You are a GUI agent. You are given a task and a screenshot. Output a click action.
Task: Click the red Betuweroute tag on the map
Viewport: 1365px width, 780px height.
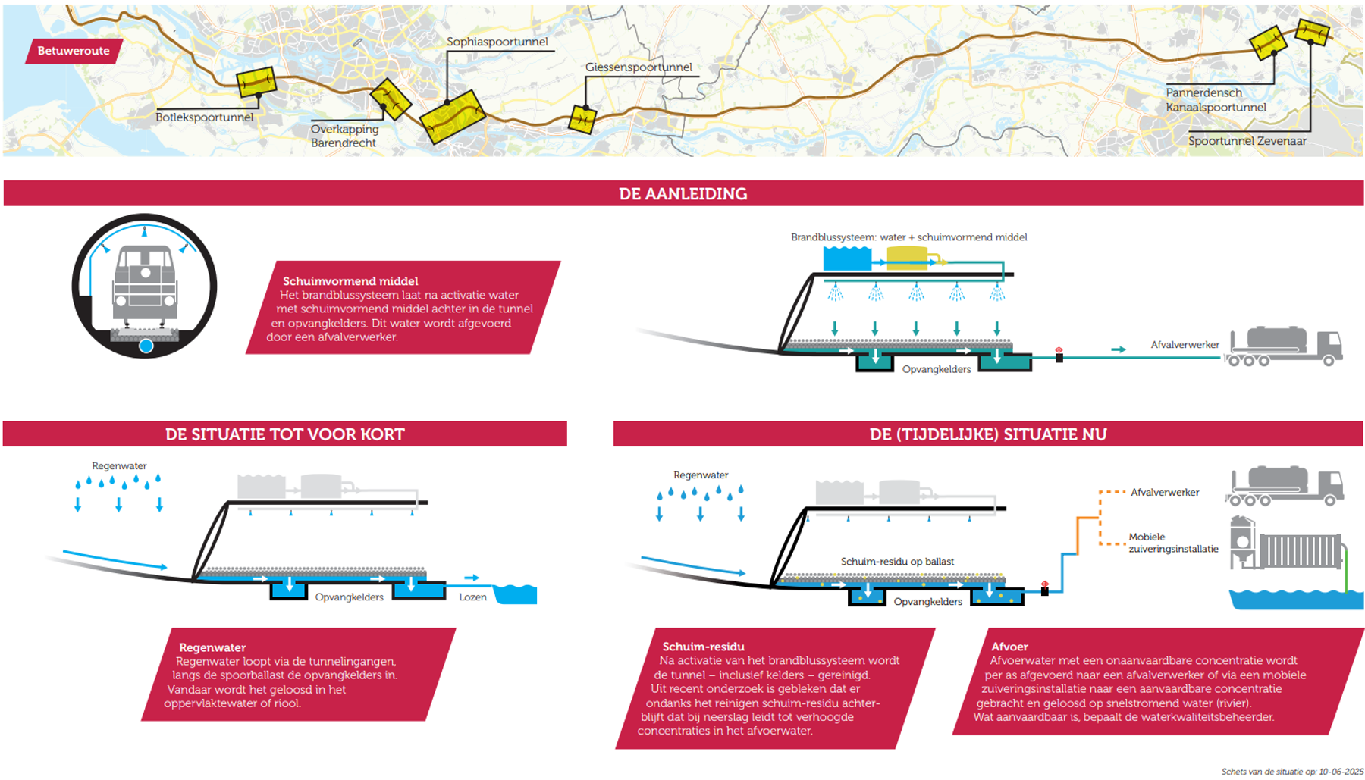74,51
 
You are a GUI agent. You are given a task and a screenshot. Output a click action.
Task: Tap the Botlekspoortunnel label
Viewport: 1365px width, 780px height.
204,117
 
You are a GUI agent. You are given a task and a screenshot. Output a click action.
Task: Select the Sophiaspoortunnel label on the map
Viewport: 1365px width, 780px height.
497,42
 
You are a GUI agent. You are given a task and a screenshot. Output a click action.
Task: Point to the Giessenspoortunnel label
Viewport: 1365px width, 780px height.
639,67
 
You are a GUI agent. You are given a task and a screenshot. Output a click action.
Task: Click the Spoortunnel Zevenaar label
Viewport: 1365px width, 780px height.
1247,141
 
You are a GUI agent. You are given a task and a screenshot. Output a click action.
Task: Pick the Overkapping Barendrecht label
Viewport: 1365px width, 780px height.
344,136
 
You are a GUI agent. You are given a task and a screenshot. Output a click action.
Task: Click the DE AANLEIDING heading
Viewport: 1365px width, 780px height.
682,194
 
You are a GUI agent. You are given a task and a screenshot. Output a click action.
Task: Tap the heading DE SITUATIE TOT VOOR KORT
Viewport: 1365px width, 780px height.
284,434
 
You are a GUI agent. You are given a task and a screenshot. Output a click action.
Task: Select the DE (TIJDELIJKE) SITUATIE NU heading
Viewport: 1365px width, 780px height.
987,434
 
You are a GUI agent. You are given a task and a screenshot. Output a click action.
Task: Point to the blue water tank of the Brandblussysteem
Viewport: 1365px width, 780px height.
846,258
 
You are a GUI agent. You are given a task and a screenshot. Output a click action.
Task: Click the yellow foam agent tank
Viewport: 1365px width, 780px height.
906,258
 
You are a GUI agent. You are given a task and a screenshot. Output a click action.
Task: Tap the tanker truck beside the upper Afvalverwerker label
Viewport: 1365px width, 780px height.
1285,346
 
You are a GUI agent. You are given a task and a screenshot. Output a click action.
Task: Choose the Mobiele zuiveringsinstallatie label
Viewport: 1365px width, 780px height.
1172,543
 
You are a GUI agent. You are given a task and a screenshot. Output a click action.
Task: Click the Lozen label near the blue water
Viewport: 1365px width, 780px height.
472,597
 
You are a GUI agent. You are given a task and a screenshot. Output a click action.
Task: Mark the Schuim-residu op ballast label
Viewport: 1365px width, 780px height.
897,562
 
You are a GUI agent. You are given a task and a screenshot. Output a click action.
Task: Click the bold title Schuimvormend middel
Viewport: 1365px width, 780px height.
350,281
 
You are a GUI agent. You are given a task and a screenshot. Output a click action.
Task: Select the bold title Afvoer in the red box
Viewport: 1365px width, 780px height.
1009,647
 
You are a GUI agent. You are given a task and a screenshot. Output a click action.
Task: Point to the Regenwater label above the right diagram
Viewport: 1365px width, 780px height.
700,475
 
